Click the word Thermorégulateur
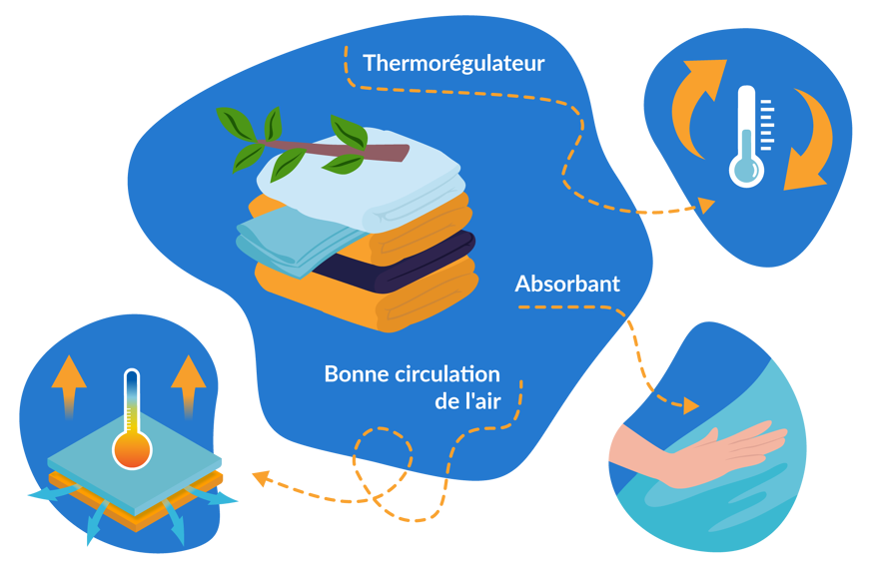pos(453,64)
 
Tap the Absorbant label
pos(567,285)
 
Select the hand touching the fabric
pos(699,454)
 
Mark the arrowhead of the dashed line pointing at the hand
pos(690,406)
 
